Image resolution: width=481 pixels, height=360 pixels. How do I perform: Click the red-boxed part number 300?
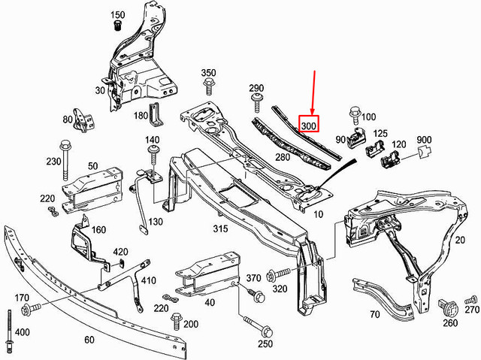[x=310, y=124]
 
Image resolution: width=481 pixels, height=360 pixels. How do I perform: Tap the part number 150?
[x=117, y=15]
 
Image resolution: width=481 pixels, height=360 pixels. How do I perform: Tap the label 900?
[x=425, y=141]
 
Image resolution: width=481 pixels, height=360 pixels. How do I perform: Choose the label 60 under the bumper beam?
[x=89, y=340]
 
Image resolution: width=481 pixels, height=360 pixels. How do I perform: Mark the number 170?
[x=21, y=298]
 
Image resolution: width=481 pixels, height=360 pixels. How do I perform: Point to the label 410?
[x=147, y=282]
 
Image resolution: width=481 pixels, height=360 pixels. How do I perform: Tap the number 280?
[x=282, y=157]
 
